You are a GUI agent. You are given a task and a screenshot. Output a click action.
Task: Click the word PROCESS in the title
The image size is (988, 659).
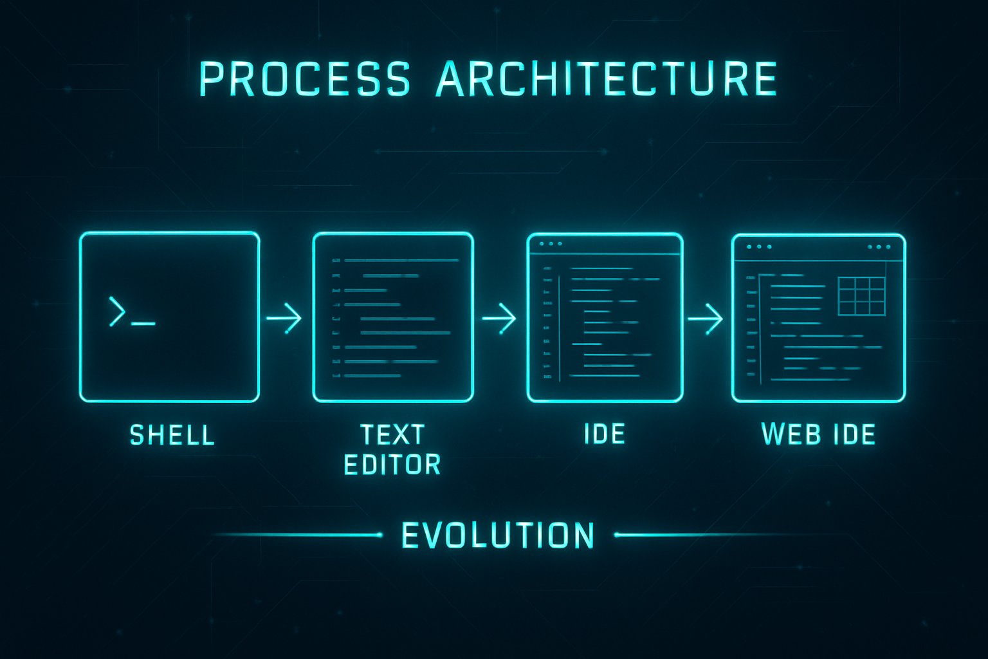coord(304,79)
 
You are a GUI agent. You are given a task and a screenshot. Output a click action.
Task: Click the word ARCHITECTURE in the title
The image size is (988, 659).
coord(606,79)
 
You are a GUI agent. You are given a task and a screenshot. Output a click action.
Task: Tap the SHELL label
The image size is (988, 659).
coord(172,436)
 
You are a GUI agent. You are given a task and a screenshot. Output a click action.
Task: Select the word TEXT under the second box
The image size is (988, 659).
coord(392,435)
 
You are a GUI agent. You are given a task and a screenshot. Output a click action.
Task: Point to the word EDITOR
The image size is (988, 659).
coord(392,465)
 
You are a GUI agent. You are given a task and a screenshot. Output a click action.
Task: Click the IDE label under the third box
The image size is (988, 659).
coord(604,434)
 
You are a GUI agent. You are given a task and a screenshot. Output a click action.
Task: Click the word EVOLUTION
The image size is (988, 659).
coord(498,535)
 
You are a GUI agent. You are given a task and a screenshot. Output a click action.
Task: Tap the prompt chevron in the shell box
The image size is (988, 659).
coord(117,311)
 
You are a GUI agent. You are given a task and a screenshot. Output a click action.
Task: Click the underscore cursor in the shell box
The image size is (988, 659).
coord(143,323)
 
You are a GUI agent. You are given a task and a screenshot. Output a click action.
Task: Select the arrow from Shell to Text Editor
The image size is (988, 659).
coord(284,317)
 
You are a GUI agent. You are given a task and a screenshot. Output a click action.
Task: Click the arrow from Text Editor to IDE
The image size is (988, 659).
coord(499,317)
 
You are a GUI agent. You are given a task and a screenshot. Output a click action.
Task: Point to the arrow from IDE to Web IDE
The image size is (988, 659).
coord(706,318)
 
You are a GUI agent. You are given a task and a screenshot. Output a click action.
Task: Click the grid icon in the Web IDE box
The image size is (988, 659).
coord(862,297)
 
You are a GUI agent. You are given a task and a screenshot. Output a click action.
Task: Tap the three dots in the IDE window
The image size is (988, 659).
coord(551,244)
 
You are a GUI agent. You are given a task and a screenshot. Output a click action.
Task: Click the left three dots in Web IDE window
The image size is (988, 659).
coord(759,246)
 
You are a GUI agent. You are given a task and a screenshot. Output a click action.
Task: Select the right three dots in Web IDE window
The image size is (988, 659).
coord(879,246)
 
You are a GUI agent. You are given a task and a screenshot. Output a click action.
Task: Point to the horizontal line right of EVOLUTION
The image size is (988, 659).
coord(701,535)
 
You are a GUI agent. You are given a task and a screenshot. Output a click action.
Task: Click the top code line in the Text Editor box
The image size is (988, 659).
coord(401,261)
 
